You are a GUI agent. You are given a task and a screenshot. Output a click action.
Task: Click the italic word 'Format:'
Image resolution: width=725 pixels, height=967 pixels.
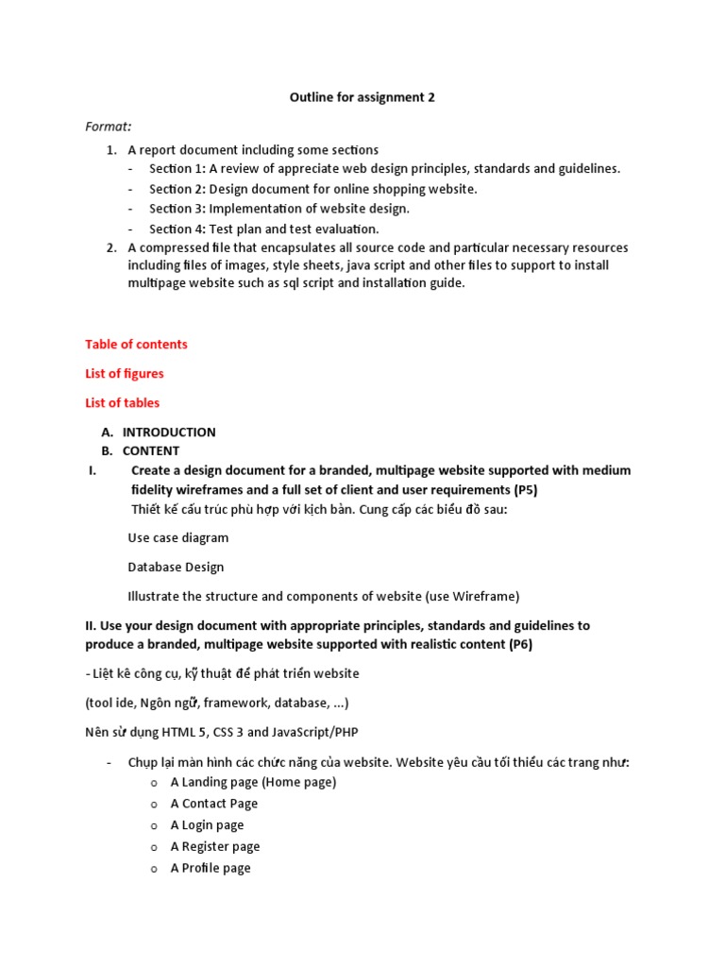click(109, 127)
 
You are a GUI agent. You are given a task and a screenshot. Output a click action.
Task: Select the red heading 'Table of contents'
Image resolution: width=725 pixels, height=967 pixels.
click(136, 345)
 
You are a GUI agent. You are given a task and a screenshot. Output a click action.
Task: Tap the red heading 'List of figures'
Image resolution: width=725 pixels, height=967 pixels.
click(124, 374)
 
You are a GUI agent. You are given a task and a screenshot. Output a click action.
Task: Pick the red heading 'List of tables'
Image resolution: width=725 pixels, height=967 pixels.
click(122, 403)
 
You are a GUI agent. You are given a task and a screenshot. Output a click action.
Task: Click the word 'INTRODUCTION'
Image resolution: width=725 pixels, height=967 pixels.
click(169, 433)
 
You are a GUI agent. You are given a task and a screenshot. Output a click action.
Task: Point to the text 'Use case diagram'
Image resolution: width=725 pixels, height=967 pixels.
click(177, 538)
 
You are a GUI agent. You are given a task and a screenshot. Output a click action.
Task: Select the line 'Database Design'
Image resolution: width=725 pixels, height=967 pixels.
click(176, 568)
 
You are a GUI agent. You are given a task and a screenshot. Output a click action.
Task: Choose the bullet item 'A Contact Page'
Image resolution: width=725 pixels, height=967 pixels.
click(213, 804)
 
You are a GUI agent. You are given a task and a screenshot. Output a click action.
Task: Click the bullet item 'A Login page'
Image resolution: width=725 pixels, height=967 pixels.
click(207, 825)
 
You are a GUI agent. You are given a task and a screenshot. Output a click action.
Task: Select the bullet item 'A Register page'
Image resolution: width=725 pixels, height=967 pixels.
click(215, 847)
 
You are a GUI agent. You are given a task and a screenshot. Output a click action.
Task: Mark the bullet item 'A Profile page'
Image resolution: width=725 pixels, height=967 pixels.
click(211, 869)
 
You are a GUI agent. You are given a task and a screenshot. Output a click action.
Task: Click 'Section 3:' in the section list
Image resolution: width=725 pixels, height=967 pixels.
click(177, 209)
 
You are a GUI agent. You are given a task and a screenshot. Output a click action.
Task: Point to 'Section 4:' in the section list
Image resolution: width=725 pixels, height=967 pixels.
click(177, 229)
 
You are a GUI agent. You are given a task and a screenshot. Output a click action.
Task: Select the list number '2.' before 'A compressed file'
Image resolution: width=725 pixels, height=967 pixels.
click(111, 248)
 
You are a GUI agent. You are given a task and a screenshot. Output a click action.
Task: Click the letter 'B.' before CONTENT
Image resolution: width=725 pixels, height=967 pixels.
click(108, 451)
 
